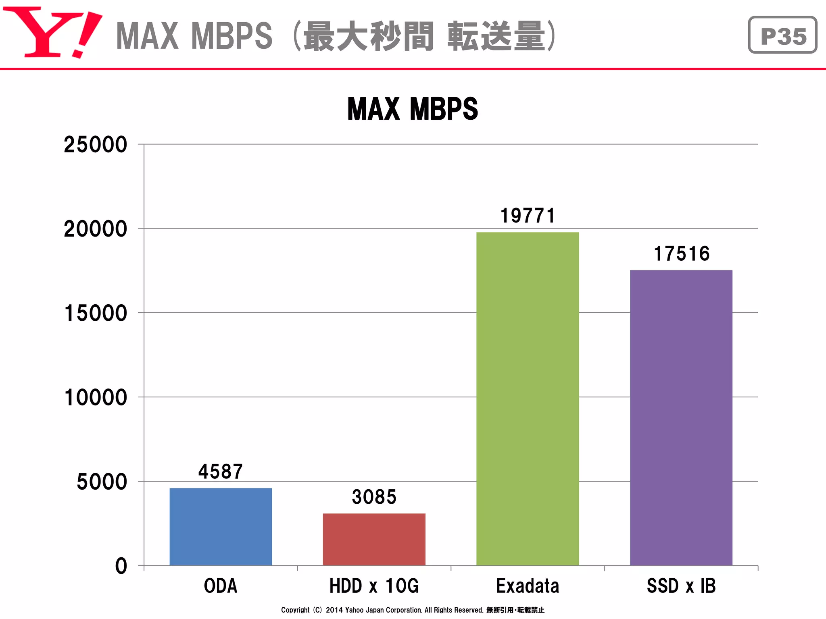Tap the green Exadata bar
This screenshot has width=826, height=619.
(x=528, y=399)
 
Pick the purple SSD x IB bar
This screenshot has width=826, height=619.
(x=681, y=418)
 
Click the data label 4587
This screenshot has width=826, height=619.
(x=221, y=471)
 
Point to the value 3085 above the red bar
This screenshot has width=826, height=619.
(x=374, y=496)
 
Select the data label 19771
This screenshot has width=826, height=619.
(x=528, y=216)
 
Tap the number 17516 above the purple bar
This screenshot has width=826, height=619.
(x=681, y=253)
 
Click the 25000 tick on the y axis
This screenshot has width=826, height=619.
(x=96, y=145)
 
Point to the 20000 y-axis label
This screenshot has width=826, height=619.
(x=96, y=229)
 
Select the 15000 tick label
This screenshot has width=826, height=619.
(x=96, y=313)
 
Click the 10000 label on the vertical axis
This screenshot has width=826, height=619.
(x=96, y=397)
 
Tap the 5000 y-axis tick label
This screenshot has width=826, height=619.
(x=102, y=482)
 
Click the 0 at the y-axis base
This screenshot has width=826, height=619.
(x=121, y=566)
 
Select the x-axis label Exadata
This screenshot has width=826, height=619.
(x=528, y=586)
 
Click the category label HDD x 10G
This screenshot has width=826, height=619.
(x=374, y=586)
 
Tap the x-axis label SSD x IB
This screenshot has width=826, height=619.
(x=681, y=586)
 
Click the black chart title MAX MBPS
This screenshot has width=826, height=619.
(x=413, y=109)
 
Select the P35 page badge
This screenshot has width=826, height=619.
(x=782, y=35)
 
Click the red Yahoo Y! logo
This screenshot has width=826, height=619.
(x=52, y=32)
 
